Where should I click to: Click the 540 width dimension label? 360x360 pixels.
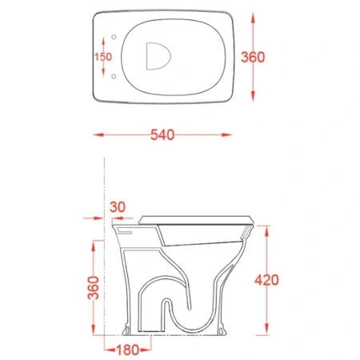pos(162,134)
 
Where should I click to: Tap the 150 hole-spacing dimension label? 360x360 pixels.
pos(103,57)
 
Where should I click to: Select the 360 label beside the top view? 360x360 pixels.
pos(253,57)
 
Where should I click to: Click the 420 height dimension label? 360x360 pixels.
pos(266,280)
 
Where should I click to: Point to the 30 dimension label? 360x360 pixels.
pos(118,207)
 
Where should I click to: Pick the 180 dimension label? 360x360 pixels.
pos(128,350)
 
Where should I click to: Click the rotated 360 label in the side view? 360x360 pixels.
pos(94,288)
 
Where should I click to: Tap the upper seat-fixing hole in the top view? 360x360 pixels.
pos(114,37)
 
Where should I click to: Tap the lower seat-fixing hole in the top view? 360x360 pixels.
pos(114,77)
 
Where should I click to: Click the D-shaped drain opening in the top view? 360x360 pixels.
pos(158,56)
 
